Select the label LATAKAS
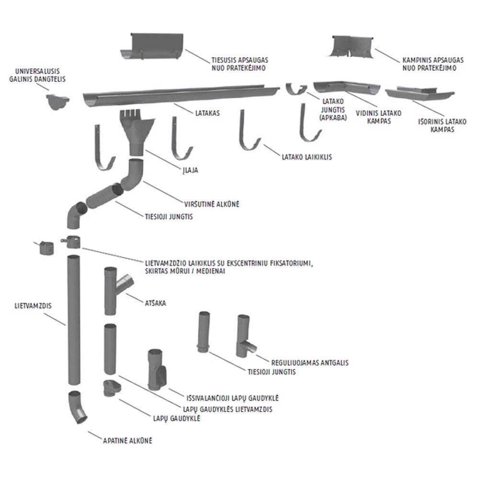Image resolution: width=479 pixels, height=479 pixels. pos(207,114)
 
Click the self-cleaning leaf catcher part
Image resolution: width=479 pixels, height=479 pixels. pos(157,369)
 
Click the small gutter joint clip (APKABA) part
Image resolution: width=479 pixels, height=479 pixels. pos(297,89)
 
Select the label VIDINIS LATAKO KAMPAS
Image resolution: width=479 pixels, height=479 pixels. pos(378,117)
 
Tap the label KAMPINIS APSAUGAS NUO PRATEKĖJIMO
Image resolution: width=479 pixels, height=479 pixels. pos(428,65)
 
